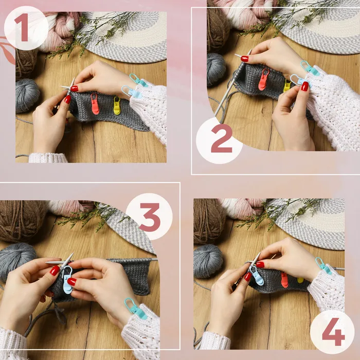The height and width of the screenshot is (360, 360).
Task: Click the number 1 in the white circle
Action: (22, 27)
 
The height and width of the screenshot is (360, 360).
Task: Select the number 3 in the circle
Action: (150, 217)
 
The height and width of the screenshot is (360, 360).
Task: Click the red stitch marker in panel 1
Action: (95, 104)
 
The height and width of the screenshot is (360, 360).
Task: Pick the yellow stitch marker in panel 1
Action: (117, 106)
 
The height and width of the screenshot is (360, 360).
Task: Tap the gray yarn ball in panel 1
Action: (27, 96)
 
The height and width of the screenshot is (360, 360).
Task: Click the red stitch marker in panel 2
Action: (264, 79)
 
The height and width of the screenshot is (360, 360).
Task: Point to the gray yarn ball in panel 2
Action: (216, 69)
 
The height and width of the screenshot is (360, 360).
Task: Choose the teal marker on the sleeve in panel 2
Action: (310, 68)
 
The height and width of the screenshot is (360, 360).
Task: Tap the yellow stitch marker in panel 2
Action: (287, 86)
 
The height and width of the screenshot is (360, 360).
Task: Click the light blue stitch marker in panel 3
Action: (67, 280)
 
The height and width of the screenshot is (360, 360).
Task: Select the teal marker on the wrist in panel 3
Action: (135, 309)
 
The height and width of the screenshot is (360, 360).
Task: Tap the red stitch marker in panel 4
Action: (284, 280)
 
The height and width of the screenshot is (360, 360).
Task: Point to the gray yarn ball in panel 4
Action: (208, 261)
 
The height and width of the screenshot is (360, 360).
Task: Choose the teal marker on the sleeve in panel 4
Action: (323, 266)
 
